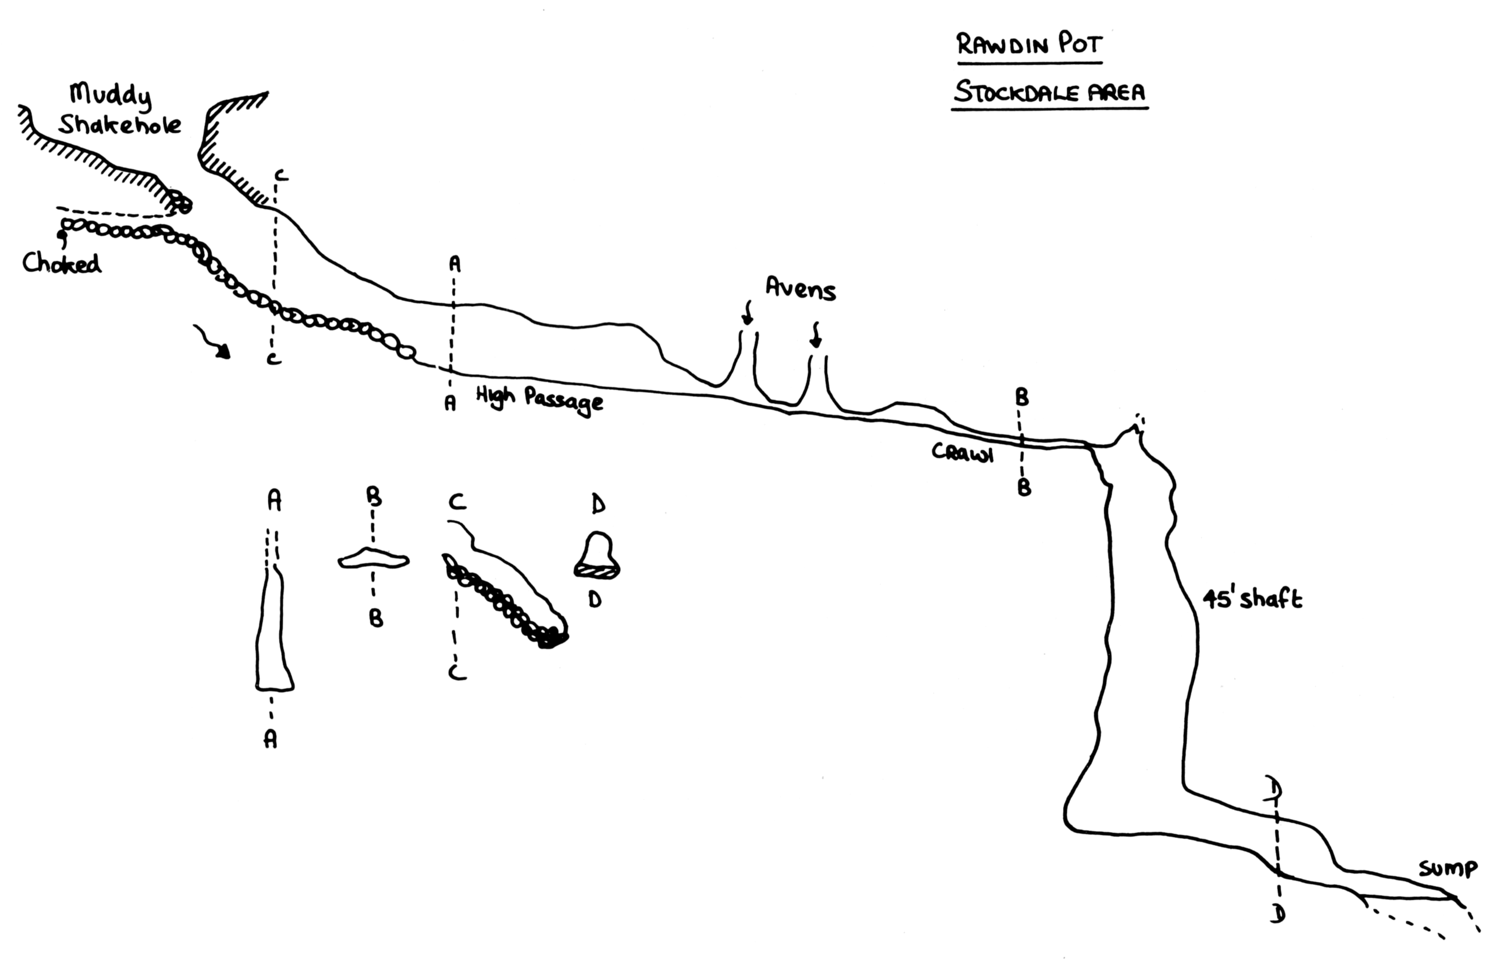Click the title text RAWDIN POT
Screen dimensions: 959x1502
click(1029, 45)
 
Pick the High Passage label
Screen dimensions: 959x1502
click(539, 399)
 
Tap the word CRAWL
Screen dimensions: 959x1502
click(963, 453)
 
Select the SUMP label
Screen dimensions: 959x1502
click(1447, 869)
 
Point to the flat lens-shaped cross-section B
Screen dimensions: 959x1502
click(373, 559)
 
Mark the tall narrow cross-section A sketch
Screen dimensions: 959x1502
click(273, 630)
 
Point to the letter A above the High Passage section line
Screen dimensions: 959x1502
click(455, 265)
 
